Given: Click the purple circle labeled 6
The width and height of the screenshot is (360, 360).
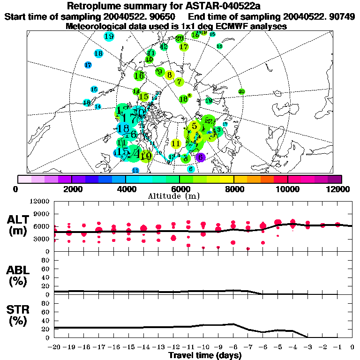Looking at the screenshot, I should point(201,157).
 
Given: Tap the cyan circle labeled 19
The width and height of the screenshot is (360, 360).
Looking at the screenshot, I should point(109,37).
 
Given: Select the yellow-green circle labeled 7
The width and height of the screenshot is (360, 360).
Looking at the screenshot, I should point(179,82).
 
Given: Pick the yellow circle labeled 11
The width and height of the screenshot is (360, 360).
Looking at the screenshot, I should point(176,143).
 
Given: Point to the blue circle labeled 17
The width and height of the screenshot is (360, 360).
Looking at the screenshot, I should point(88,65).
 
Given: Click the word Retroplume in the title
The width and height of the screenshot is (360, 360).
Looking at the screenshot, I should point(95,7).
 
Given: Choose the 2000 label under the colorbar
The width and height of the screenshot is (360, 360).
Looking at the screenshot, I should point(71,189).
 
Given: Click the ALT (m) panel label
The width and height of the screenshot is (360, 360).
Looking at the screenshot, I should point(18,225).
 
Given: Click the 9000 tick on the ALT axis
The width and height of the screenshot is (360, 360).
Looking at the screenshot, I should point(41,214).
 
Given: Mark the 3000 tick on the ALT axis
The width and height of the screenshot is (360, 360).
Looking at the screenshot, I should point(41,239).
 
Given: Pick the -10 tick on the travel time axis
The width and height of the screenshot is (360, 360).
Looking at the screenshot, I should point(203,347).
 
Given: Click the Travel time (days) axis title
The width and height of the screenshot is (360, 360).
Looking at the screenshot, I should point(205,356).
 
